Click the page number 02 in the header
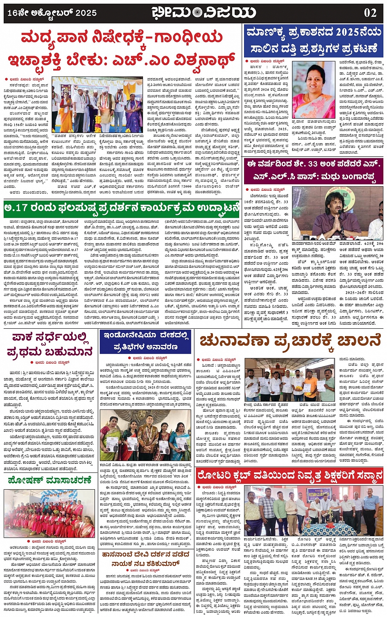(x=370, y=12)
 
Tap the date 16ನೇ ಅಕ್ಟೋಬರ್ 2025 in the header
(x=52, y=13)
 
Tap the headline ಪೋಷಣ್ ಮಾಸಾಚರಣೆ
(x=50, y=480)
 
